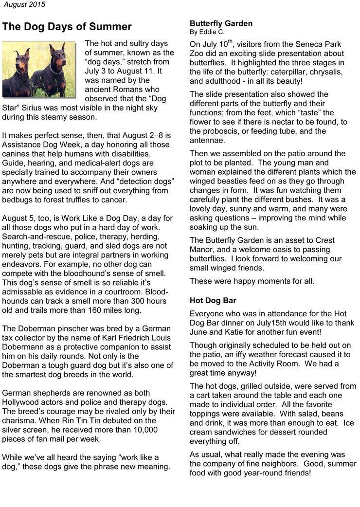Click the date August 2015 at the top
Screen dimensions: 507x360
[24, 5]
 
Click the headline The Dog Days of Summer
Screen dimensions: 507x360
[67, 26]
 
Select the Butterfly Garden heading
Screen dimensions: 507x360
[221, 23]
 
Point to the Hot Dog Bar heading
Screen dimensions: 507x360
[213, 301]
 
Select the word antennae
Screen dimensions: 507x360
[208, 141]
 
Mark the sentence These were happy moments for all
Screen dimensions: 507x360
[252, 281]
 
